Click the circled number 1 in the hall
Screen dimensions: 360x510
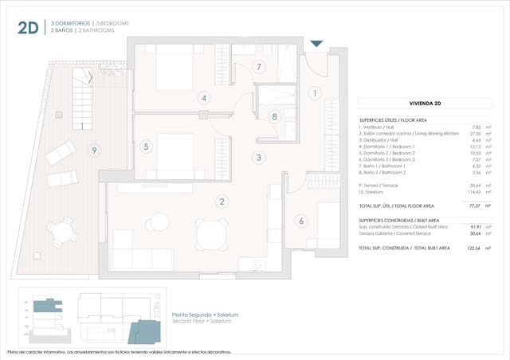click(x=315, y=93)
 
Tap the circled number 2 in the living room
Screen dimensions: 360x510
click(x=222, y=202)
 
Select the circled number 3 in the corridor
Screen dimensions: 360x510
click(x=258, y=157)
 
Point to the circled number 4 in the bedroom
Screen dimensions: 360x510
click(x=204, y=98)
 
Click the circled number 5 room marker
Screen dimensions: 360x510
click(x=146, y=147)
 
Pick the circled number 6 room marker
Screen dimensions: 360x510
click(x=301, y=221)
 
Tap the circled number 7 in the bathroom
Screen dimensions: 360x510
click(x=258, y=67)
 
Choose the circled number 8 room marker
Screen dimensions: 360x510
click(x=274, y=116)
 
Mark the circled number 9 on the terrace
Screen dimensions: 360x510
click(x=94, y=150)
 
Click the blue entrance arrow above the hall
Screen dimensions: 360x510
click(x=317, y=44)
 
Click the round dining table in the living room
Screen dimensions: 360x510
click(x=210, y=234)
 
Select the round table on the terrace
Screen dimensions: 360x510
click(x=61, y=232)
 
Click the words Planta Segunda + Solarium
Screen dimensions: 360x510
click(x=206, y=315)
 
